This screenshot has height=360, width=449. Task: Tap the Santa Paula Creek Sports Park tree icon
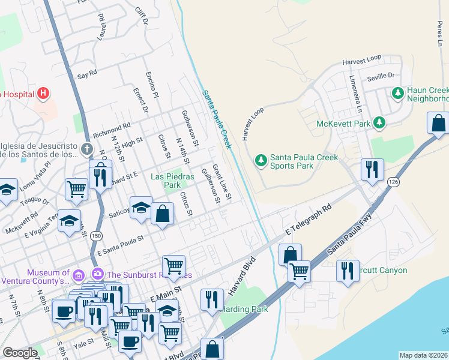click(x=261, y=160)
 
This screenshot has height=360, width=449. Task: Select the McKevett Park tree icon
click(x=379, y=123)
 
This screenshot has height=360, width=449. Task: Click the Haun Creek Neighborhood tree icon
click(x=397, y=93)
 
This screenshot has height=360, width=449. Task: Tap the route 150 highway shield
click(x=96, y=236)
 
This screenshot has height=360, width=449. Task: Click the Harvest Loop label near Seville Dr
click(x=362, y=60)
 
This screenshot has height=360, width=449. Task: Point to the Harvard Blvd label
click(x=242, y=277)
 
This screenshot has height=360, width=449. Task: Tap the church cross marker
click(x=87, y=148)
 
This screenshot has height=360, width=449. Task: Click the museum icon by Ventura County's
click(x=79, y=275)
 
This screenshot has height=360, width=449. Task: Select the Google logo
click(x=20, y=353)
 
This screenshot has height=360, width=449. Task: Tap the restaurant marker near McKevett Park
click(x=372, y=169)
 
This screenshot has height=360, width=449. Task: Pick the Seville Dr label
click(x=382, y=77)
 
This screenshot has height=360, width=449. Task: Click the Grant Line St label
click(x=221, y=184)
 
